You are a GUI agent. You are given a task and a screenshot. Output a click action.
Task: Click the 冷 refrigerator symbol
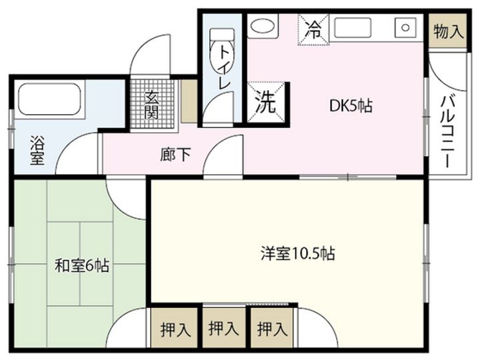[313, 29]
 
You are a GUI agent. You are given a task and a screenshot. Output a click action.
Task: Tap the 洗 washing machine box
[267, 103]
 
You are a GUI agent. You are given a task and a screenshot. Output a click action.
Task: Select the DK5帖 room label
[351, 105]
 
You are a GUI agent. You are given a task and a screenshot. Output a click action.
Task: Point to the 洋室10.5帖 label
[297, 253]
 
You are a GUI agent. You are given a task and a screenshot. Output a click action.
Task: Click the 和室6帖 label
[82, 266]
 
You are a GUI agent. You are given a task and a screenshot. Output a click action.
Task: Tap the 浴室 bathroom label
[37, 150]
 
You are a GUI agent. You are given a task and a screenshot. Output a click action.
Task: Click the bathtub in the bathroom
[49, 99]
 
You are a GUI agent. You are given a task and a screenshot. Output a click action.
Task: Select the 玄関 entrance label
[153, 103]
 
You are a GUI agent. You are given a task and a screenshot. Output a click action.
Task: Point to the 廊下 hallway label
[176, 154]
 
